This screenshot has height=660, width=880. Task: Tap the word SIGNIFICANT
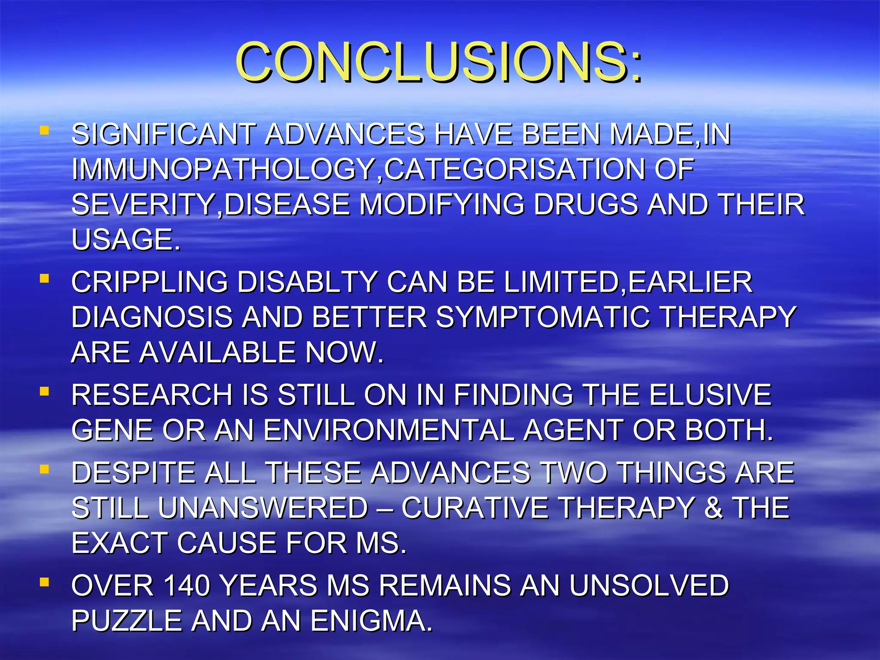(163, 134)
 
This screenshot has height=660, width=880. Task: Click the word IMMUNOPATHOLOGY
(223, 169)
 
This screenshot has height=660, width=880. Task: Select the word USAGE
(125, 239)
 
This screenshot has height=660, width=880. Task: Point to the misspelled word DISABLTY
(307, 282)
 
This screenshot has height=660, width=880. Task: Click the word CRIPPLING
(149, 282)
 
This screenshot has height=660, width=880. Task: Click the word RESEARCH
(152, 395)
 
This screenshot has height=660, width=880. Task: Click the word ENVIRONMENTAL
(389, 430)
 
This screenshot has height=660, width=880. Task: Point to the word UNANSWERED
(263, 508)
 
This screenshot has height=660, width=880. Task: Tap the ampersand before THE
(714, 508)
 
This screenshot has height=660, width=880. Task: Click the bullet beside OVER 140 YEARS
(44, 583)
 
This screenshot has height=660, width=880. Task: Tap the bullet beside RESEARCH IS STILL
(44, 391)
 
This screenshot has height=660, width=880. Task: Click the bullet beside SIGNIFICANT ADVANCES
(44, 130)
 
